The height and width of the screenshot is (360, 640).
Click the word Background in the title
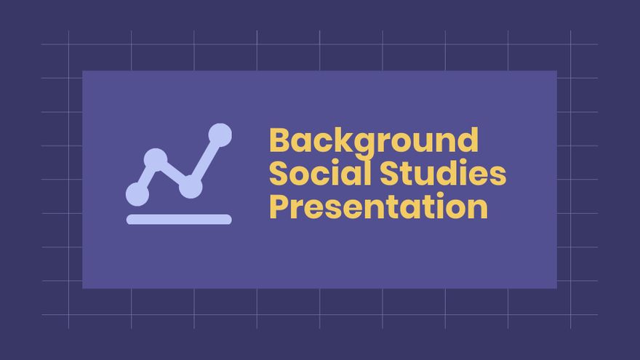(x=374, y=140)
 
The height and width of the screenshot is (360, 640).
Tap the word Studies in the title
(x=441, y=174)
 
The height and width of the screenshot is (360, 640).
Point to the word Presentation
(x=378, y=207)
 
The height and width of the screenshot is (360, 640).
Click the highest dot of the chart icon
(x=220, y=135)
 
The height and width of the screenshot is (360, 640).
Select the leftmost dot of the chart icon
(x=137, y=194)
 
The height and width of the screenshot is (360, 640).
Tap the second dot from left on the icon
(x=155, y=159)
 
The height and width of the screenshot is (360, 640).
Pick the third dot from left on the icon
(x=191, y=186)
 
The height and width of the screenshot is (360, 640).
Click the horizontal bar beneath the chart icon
(x=179, y=219)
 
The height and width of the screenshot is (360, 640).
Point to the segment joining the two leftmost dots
(x=146, y=176)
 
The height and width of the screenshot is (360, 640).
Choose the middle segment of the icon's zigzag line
(x=173, y=173)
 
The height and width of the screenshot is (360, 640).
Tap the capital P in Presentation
(x=279, y=207)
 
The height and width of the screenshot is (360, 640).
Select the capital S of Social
(x=279, y=174)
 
